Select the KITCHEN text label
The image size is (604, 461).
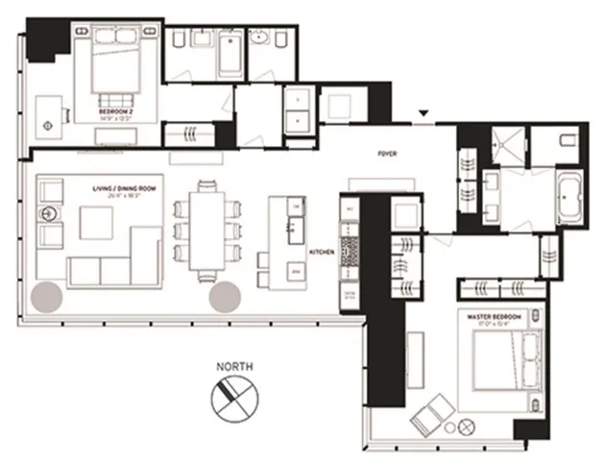coord(320,251)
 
